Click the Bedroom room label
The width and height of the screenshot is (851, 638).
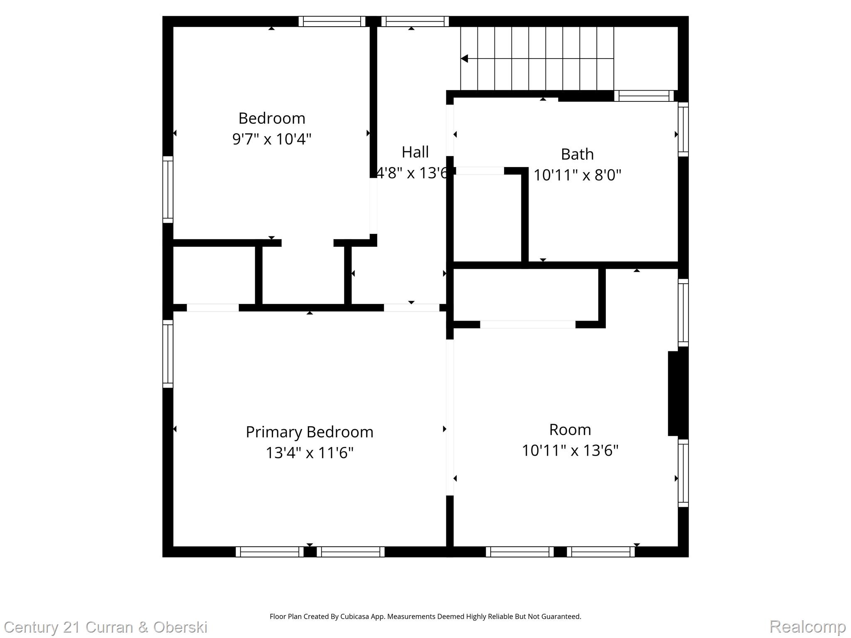272,118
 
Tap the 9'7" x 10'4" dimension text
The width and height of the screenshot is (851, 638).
272,139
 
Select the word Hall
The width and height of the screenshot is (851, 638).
415,152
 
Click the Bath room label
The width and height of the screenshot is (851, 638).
577,154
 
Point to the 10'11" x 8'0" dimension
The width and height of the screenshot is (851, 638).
577,175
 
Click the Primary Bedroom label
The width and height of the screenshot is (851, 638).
310,432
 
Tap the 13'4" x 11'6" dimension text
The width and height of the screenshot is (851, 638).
310,452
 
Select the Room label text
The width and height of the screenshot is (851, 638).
570,429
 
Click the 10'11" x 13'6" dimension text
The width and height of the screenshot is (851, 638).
570,450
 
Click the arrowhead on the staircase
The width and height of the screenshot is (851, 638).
465,59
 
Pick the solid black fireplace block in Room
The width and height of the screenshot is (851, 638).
677,393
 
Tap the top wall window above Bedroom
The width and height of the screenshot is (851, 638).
332,22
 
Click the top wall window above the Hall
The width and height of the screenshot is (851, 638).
415,22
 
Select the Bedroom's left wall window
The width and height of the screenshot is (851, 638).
167,189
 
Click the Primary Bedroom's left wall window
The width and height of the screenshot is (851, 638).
167,353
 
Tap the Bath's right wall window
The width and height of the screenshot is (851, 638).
683,129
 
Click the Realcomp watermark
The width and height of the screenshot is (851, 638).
807,626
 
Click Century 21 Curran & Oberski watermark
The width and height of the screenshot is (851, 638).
106,627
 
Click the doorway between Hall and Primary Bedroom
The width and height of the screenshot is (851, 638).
411,308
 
